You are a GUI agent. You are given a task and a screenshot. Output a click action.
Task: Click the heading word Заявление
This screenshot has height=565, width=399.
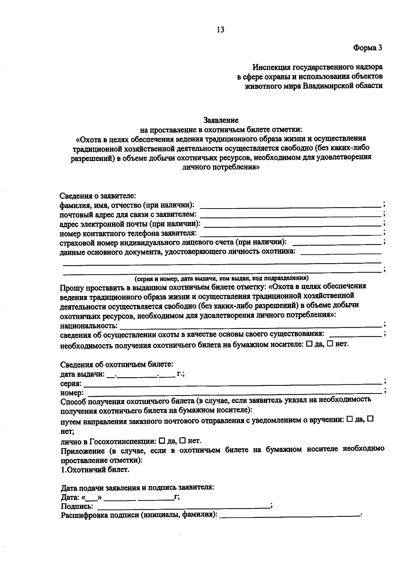221,119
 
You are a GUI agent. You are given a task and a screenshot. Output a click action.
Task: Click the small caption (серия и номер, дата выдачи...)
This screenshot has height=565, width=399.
221,278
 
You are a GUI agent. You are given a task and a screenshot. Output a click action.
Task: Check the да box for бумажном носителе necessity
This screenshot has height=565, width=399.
309,344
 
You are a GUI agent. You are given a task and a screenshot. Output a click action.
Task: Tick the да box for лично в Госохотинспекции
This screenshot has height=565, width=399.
162,441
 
